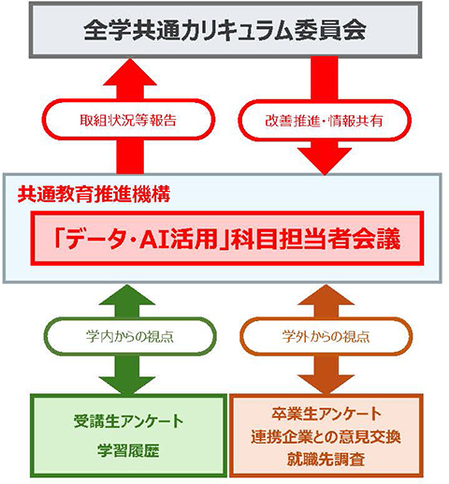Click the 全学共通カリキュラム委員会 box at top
pyautogui.click(x=225, y=30)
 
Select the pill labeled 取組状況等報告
pyautogui.click(x=128, y=120)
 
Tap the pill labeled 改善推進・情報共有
pyautogui.click(x=325, y=121)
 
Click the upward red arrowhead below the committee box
pyautogui.click(x=130, y=72)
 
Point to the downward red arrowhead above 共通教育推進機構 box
pyautogui.click(x=325, y=161)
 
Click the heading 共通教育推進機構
pyautogui.click(x=94, y=194)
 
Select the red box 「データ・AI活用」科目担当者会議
pyautogui.click(x=227, y=239)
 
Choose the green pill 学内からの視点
pyautogui.click(x=130, y=336)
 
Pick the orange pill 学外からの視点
pyautogui.click(x=326, y=336)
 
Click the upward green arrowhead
pyautogui.click(x=127, y=295)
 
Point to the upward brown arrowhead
pyautogui.click(x=326, y=295)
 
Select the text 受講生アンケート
pyautogui.click(x=128, y=421)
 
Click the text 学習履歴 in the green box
pyautogui.click(x=128, y=450)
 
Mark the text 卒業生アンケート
pyautogui.click(x=326, y=414)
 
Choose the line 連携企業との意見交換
pyautogui.click(x=326, y=436)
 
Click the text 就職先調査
pyautogui.click(x=326, y=459)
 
